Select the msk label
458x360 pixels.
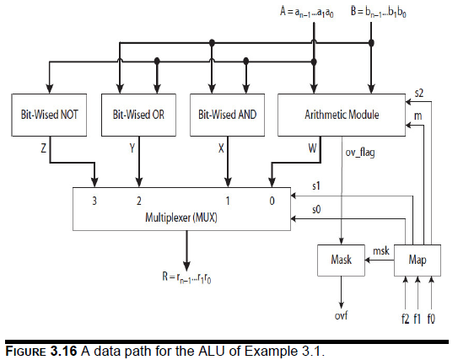(380, 250)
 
